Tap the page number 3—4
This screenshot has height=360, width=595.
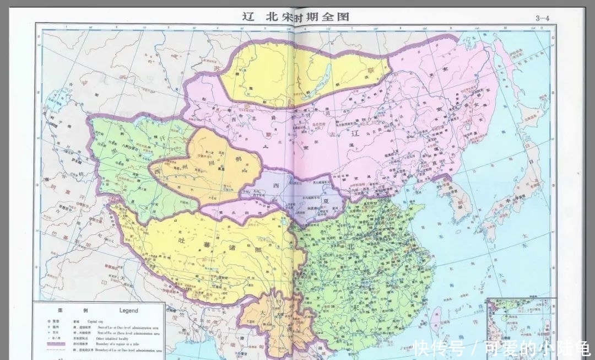[x=543, y=18]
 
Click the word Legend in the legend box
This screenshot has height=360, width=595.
[x=129, y=310]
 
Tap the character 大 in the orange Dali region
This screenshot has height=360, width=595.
[x=263, y=311]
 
